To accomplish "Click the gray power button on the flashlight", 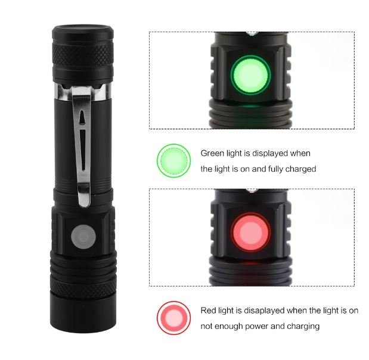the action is point(83,237).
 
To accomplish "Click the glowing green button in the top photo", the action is point(250,75).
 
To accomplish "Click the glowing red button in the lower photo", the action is point(250,232).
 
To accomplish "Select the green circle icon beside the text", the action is point(173,161).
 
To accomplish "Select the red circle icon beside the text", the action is point(173,318).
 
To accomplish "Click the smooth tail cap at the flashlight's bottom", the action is point(83,311).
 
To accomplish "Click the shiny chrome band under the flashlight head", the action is point(83,92).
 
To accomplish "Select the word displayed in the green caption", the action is point(269,153).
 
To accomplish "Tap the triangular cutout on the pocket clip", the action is point(82,117).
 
